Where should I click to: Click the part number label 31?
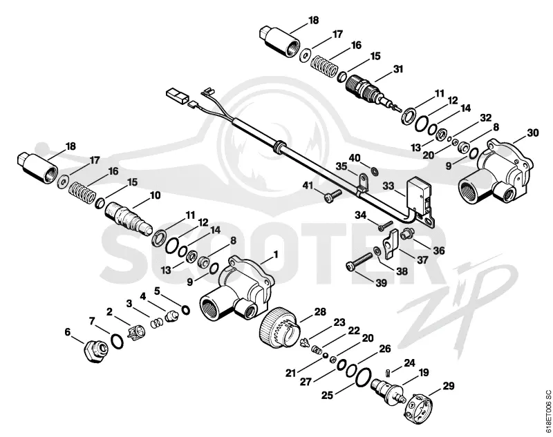(398, 69)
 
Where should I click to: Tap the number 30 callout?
(533, 133)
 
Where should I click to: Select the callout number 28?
(320, 311)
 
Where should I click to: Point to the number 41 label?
(308, 185)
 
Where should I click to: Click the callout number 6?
(67, 332)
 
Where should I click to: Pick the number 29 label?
(448, 386)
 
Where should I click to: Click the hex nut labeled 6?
(95, 351)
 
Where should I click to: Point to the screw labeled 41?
(332, 195)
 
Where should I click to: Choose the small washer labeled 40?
(374, 171)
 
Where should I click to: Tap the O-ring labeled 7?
(117, 341)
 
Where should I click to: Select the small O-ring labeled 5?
(185, 310)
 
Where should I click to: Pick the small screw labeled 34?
(386, 226)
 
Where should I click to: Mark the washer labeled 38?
(377, 251)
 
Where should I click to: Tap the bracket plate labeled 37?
(390, 244)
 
